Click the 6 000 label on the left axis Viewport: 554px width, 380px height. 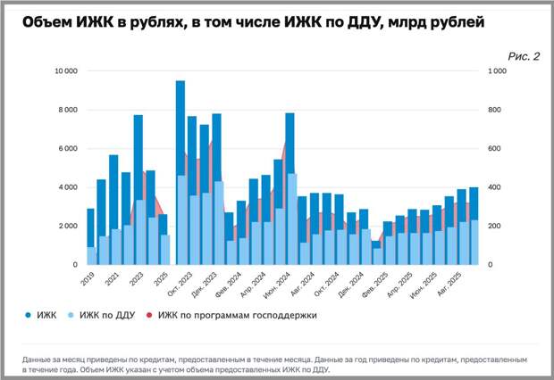[x=67, y=149]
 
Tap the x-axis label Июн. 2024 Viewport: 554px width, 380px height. [x=278, y=284]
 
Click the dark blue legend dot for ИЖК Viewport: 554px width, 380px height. [x=27, y=315]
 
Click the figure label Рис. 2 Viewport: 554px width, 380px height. [x=524, y=55]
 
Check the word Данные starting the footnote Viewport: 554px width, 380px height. [x=39, y=359]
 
